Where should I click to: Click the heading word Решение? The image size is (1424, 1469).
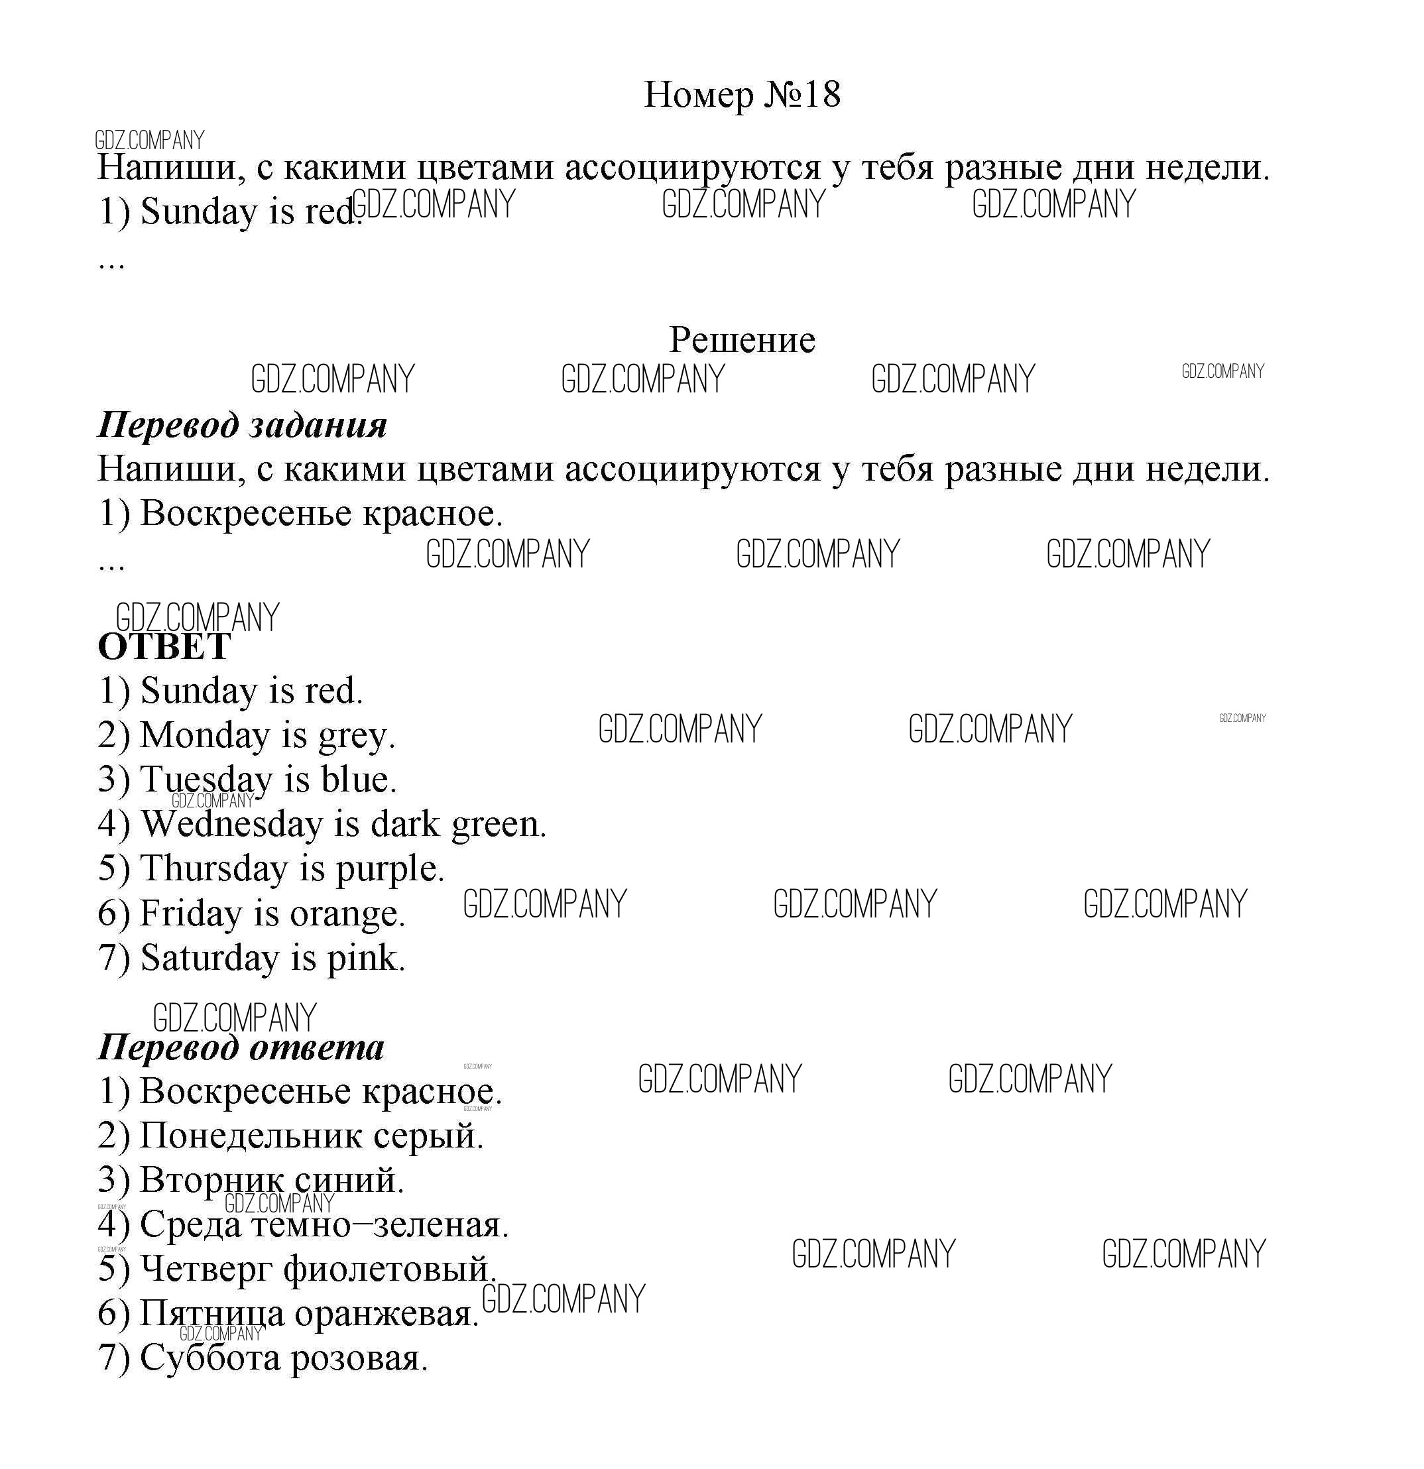coord(741,340)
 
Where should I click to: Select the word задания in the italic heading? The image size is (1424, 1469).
coord(318,426)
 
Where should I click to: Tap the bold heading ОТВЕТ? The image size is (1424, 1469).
coord(164,647)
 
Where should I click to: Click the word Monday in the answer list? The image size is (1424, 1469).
coord(204,735)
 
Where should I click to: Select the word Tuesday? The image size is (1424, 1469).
coord(206,780)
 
